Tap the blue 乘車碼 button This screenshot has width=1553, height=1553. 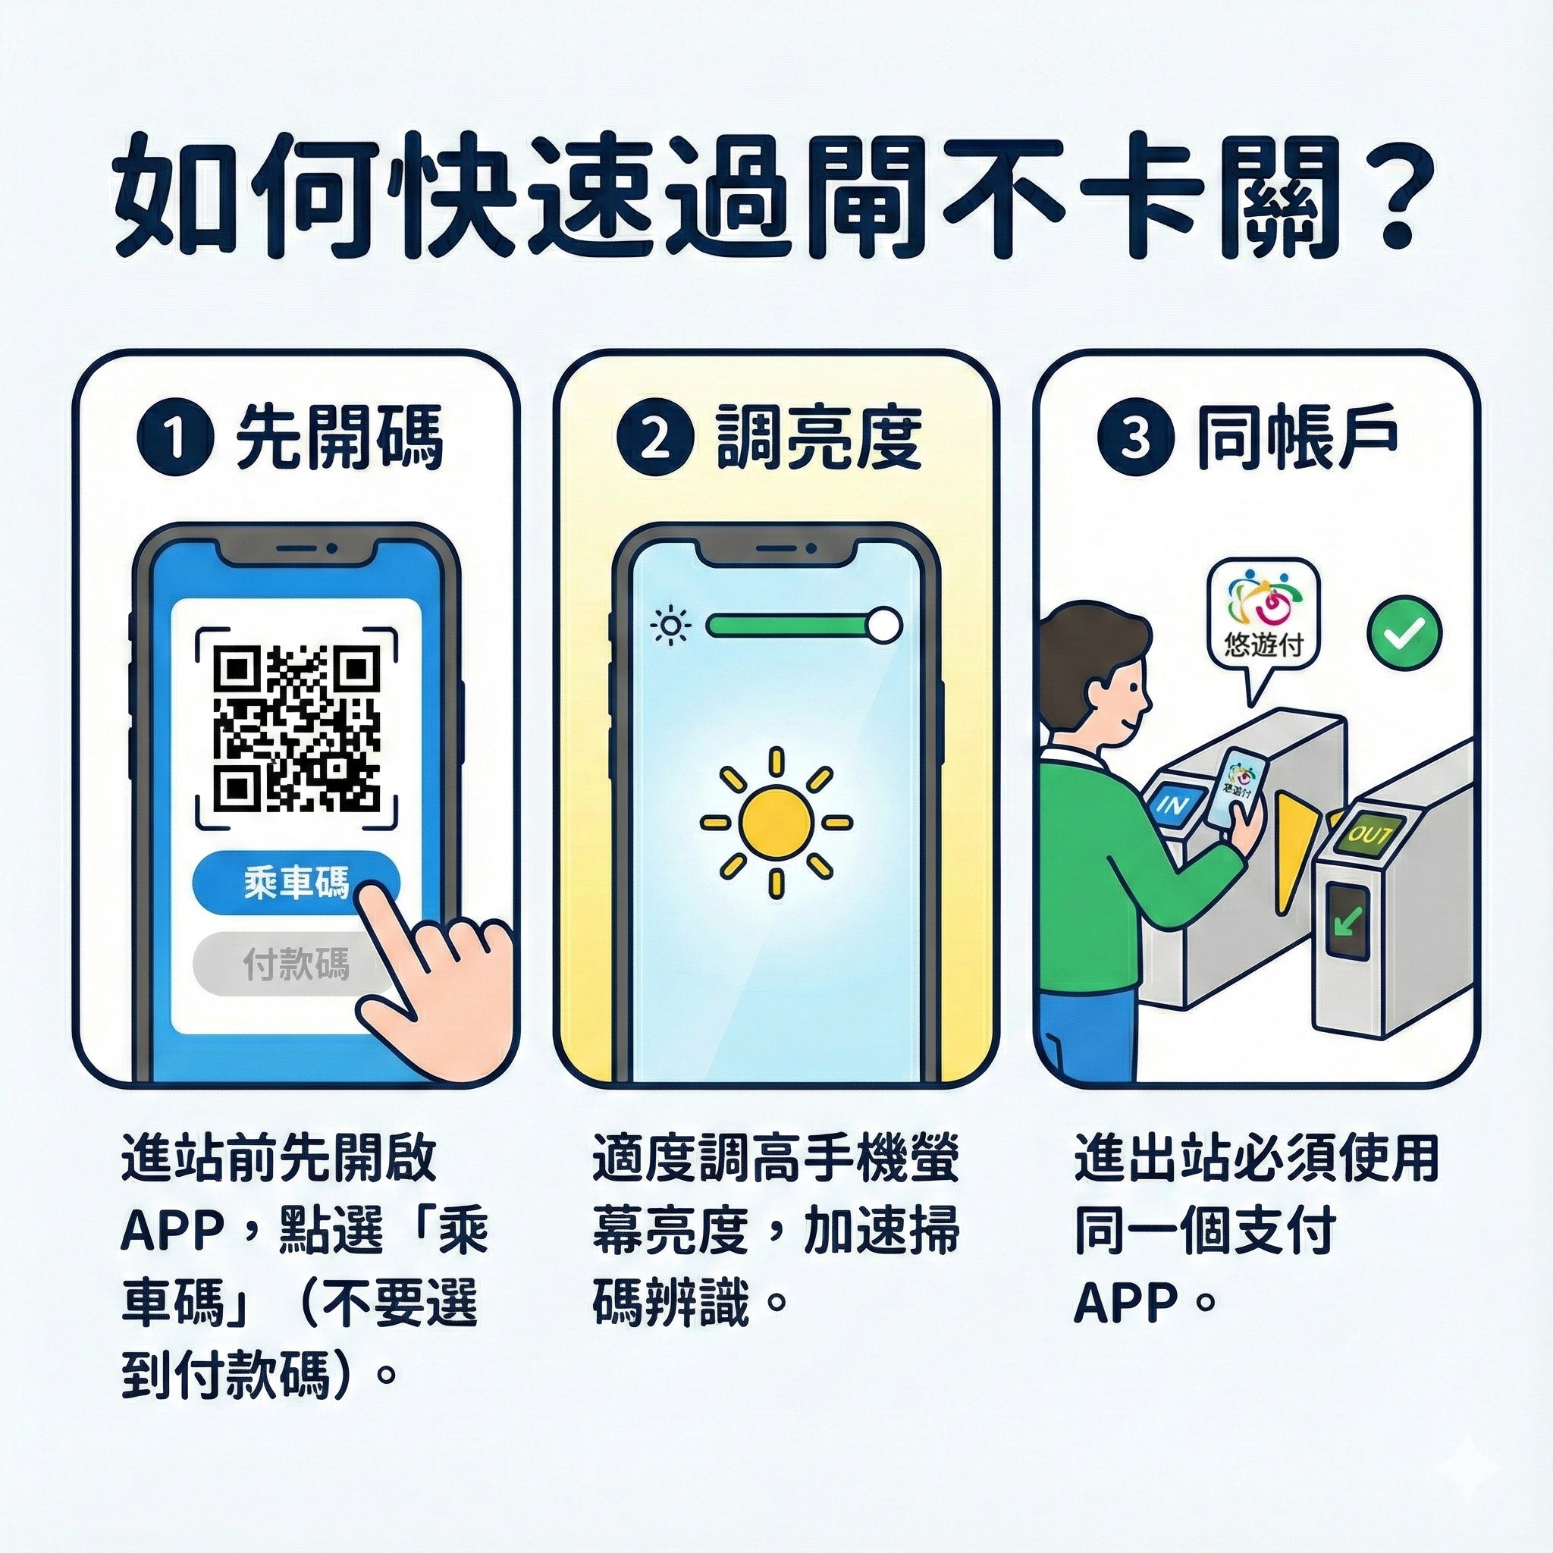pyautogui.click(x=296, y=885)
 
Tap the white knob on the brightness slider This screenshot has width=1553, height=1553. pyautogui.click(x=885, y=625)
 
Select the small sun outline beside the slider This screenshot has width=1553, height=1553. pyautogui.click(x=671, y=626)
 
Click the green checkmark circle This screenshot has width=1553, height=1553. pyautogui.click(x=1405, y=634)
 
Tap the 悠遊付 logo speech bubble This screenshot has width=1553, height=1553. pyautogui.click(x=1264, y=619)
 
